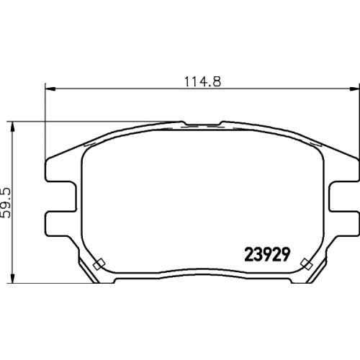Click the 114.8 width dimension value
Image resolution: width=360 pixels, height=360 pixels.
coord(202,81)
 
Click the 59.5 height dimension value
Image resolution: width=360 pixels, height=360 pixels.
coord(6,203)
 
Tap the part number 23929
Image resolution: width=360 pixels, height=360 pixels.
coord(267,254)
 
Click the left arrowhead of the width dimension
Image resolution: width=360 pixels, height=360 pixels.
coord(50,89)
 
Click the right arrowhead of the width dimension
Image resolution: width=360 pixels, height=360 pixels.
coord(354,89)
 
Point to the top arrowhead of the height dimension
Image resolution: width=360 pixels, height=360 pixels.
coord(12,127)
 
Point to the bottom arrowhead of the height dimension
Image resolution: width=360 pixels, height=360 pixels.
coord(12,278)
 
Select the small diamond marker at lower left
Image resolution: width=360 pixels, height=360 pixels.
coord(99,264)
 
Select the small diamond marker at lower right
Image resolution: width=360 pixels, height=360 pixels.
coord(307,264)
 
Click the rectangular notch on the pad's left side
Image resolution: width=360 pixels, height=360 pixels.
coord(61,197)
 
